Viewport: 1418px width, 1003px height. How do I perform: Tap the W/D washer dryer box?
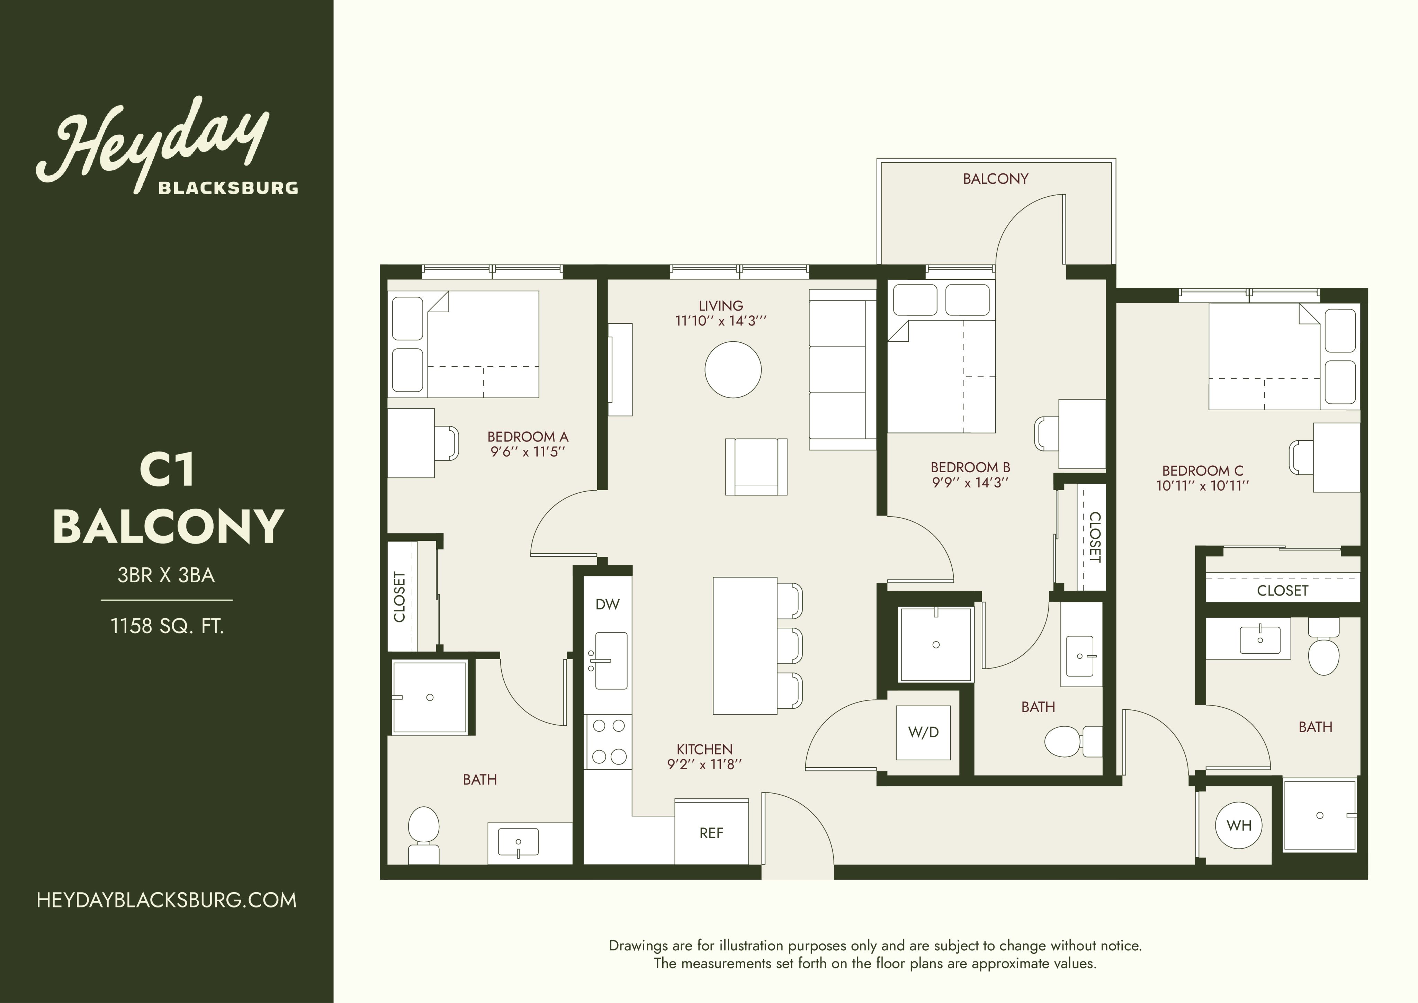[923, 733]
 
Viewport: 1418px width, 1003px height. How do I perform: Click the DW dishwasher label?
[607, 605]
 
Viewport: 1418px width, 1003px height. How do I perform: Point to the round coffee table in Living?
[733, 370]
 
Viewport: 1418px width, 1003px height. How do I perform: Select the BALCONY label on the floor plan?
[996, 179]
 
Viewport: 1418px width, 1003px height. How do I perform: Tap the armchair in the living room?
[756, 466]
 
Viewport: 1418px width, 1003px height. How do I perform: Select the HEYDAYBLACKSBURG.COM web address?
[167, 900]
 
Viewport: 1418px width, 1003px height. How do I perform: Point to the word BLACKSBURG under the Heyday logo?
[228, 187]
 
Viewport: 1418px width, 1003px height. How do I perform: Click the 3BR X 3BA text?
[166, 576]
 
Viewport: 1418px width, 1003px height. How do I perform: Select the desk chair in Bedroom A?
[447, 443]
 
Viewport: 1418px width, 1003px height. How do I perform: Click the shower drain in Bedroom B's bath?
[936, 645]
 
